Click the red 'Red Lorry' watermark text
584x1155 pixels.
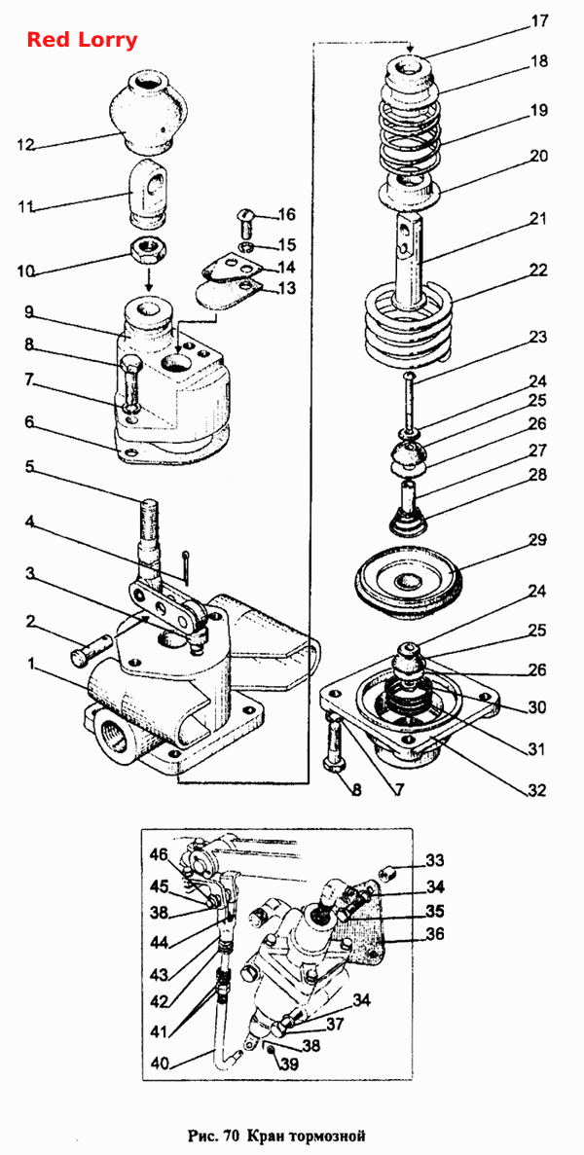click(x=82, y=40)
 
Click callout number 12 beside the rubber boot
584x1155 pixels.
click(x=25, y=145)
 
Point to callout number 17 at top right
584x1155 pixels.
click(x=540, y=20)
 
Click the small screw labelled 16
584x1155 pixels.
click(x=245, y=219)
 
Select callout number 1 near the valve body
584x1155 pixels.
click(x=31, y=665)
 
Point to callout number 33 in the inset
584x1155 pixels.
click(x=435, y=859)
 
